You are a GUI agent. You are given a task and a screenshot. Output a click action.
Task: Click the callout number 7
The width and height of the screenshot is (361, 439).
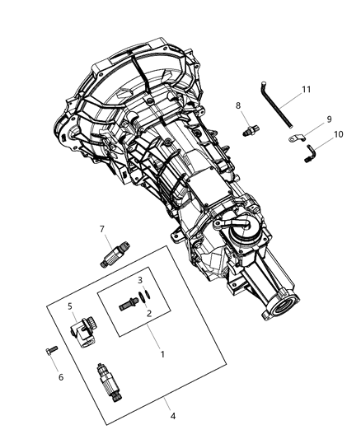101,228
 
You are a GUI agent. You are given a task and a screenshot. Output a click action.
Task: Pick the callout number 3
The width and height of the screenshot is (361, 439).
140,279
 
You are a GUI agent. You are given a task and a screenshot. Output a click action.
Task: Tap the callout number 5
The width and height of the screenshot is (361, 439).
70,306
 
